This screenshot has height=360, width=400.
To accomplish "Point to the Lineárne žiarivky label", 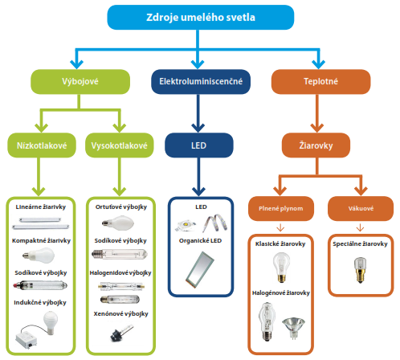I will (x=41, y=207).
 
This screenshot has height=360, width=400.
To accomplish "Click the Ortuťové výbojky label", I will (x=120, y=207).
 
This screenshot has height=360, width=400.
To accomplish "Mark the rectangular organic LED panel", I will (x=198, y=269).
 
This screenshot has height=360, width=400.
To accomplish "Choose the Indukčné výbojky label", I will (x=41, y=303).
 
